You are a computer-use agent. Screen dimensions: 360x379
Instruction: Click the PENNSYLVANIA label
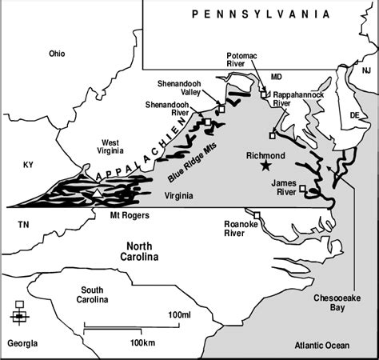tap(261, 14)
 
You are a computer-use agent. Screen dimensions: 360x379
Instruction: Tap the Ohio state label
tap(57, 54)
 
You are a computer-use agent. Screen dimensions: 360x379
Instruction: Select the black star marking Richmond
tap(265, 166)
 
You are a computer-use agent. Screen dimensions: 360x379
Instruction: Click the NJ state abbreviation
tap(367, 71)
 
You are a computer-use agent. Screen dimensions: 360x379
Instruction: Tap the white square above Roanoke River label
tap(257, 214)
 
